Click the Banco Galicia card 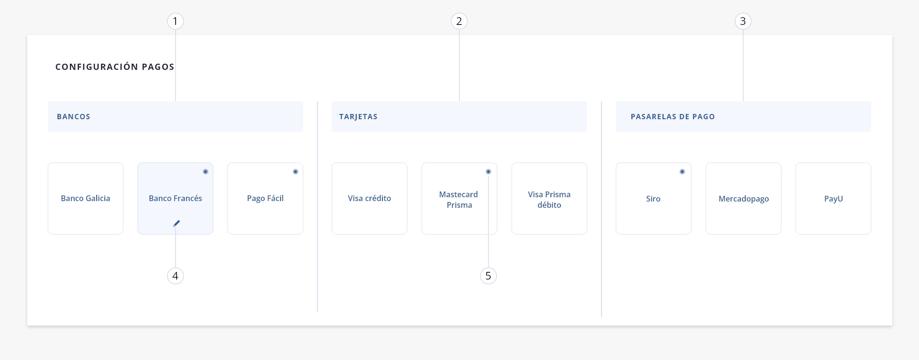point(86,198)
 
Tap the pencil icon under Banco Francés point(177,223)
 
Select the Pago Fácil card point(265,198)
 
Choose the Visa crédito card point(370,198)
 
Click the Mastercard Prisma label point(459,200)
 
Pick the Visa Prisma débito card point(549,198)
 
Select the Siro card point(653,198)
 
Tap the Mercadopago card point(743,198)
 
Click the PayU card point(833,198)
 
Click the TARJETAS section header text point(359,116)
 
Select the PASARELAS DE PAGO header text point(673,116)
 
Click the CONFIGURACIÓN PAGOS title point(115,67)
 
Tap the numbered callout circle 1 point(175,21)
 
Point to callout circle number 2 point(459,21)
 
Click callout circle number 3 point(743,21)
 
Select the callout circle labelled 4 point(175,276)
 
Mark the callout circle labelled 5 point(488,276)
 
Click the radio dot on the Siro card point(682,171)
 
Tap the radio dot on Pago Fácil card point(295,171)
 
